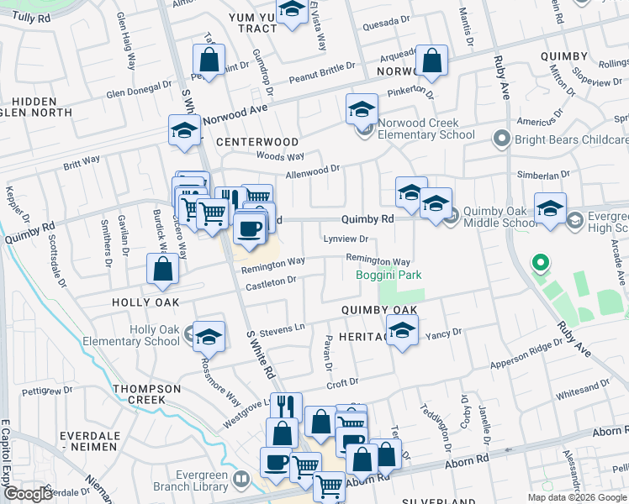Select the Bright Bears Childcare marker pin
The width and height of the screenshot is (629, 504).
(502, 137)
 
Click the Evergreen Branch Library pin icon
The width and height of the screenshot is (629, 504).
(242, 479)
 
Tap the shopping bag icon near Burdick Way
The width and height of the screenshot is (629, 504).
(163, 270)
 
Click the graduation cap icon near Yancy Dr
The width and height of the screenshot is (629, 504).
(402, 329)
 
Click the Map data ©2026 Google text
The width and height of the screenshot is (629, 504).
(577, 497)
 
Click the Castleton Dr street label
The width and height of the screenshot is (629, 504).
(270, 286)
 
